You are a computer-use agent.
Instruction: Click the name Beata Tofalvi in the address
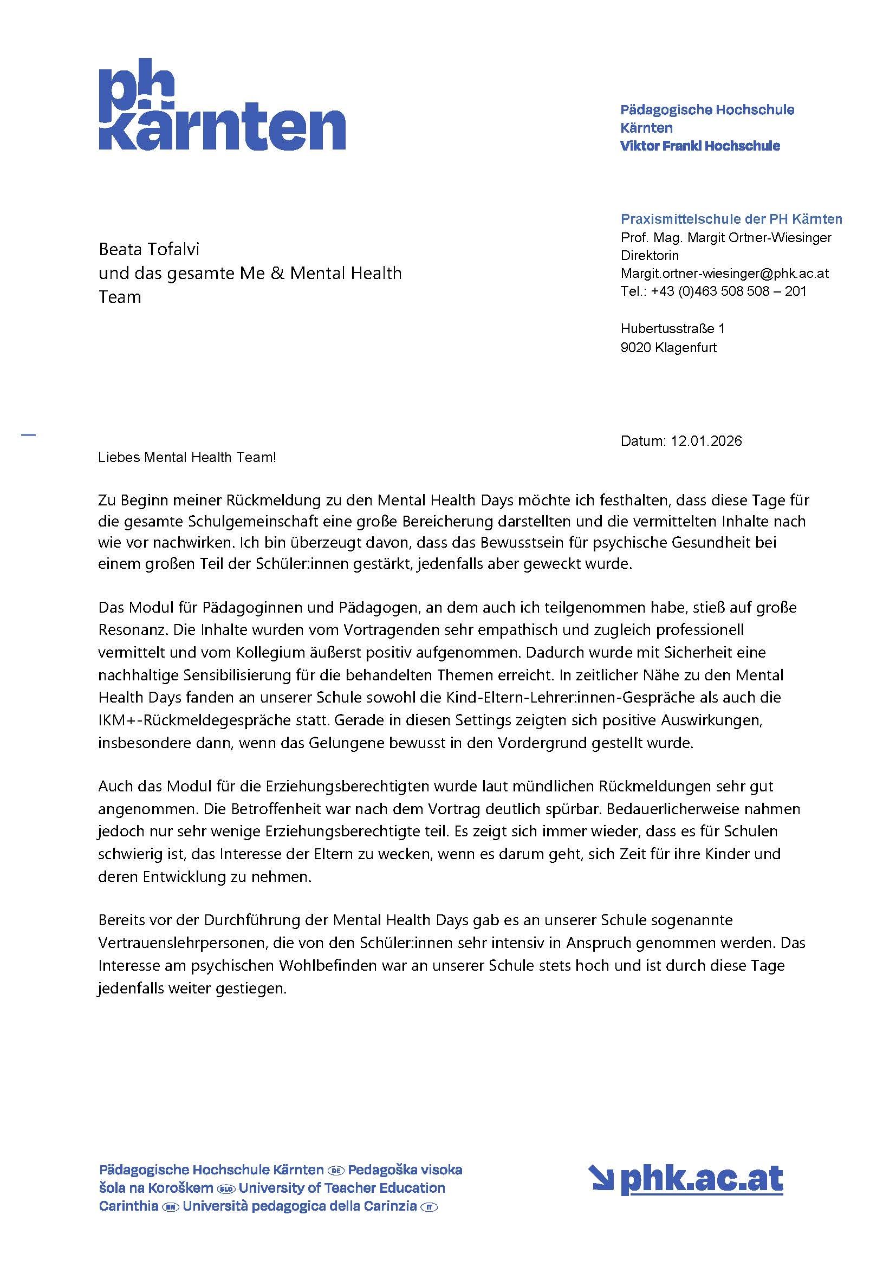click(148, 249)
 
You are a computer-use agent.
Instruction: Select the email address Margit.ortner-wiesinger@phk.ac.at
click(724, 273)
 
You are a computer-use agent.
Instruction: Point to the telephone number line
click(713, 291)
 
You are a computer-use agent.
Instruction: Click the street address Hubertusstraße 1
click(672, 329)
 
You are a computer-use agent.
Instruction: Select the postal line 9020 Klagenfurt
click(668, 348)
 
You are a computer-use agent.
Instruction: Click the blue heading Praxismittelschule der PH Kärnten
click(731, 219)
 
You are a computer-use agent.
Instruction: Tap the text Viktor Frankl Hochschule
click(699, 146)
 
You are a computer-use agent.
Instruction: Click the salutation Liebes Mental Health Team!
click(186, 458)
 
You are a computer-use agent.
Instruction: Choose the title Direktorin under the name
click(650, 256)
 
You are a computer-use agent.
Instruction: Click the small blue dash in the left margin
click(28, 436)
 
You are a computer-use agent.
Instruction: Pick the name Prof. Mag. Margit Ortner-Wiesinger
click(725, 237)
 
